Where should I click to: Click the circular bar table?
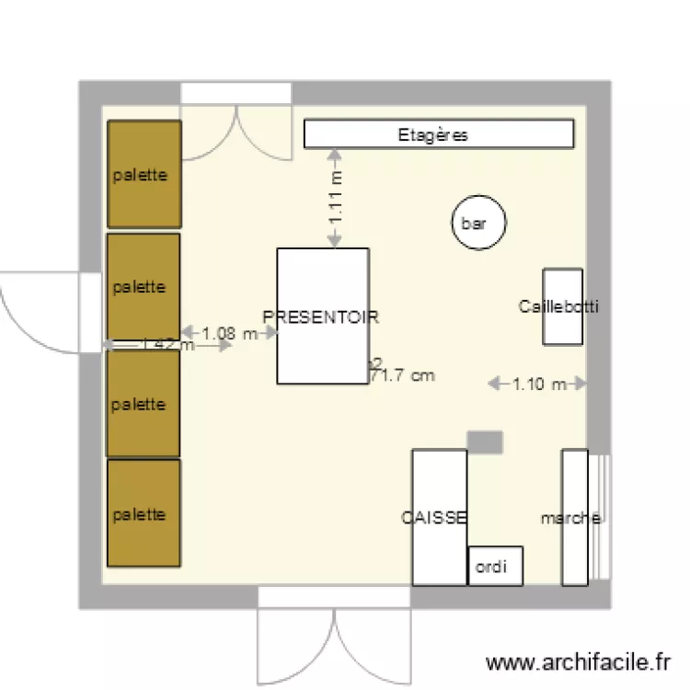tap(478, 223)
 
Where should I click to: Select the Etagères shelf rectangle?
tap(439, 135)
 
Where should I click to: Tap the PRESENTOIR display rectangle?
tap(323, 316)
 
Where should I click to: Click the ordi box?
tap(495, 566)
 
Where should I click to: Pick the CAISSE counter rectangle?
tap(439, 517)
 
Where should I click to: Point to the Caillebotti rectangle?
tap(562, 306)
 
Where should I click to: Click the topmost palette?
tap(144, 174)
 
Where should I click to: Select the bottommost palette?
tap(143, 513)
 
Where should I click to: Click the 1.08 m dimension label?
tap(230, 334)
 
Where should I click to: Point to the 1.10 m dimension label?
tap(538, 384)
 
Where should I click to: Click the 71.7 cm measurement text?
tap(402, 375)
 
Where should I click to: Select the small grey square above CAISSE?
tap(485, 442)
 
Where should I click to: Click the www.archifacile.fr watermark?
tap(578, 662)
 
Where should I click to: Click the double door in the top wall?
tap(236, 124)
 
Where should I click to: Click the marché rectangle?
tap(574, 517)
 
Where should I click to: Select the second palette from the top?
tap(143, 286)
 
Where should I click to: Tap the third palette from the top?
tap(143, 404)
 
